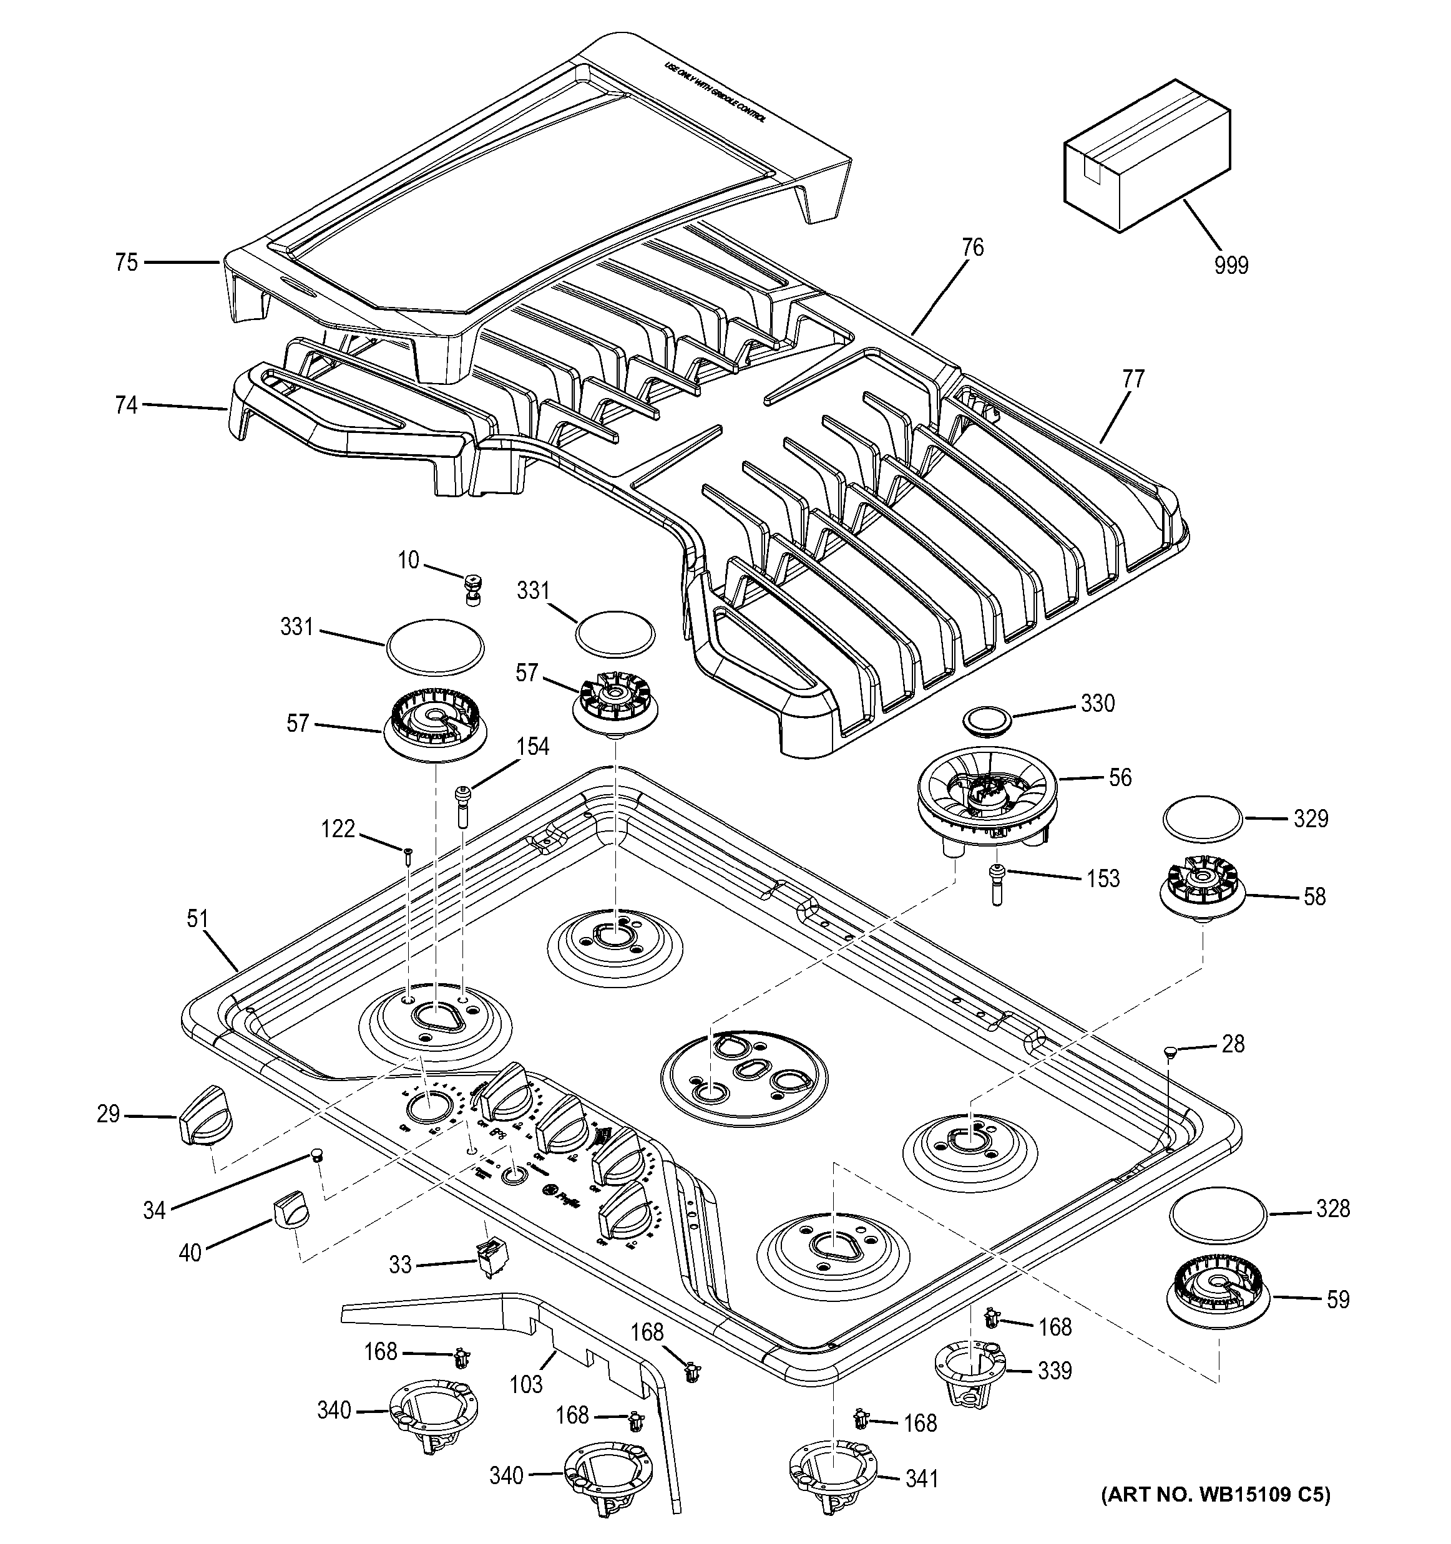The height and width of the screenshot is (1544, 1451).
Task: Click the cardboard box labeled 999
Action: point(1146,155)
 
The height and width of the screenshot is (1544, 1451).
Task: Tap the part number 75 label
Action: point(126,263)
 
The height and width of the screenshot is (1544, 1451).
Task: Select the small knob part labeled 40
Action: point(289,1211)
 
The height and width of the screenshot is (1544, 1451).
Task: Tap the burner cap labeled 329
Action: point(1201,817)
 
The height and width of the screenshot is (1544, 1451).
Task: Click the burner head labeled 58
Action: point(1201,891)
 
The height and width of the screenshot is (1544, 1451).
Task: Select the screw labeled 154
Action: point(463,806)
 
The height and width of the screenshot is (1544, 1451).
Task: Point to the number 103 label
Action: point(526,1383)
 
